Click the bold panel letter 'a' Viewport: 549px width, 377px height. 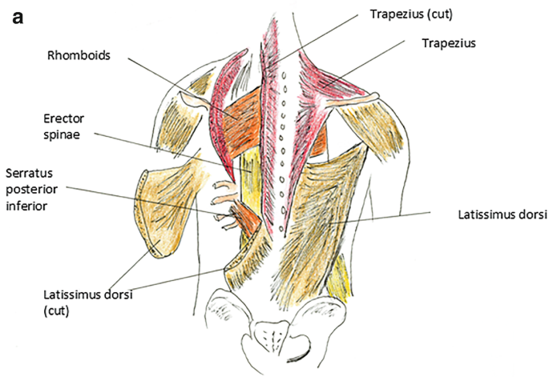pyautogui.click(x=17, y=15)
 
